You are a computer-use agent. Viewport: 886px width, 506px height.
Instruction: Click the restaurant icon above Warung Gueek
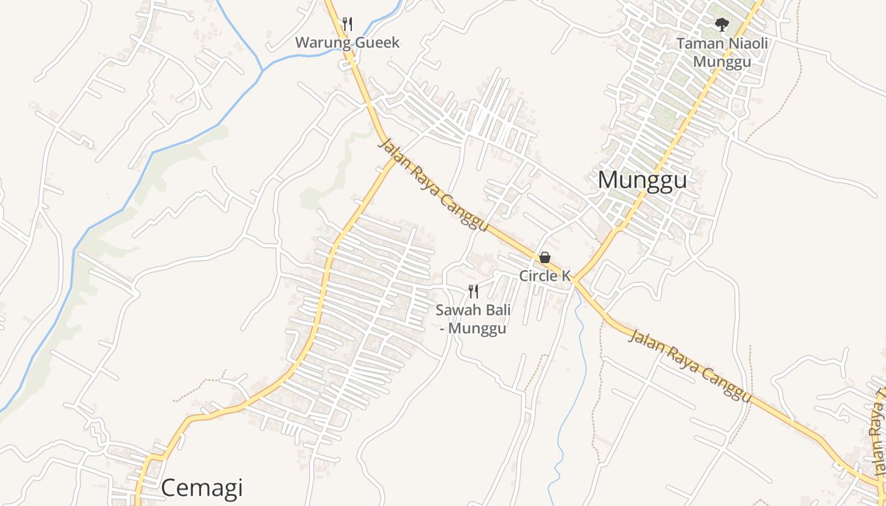click(347, 24)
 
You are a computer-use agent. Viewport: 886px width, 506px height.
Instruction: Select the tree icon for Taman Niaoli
click(721, 25)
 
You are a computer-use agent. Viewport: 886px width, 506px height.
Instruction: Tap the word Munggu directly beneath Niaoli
click(721, 61)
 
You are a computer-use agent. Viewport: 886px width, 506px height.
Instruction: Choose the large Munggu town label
click(642, 180)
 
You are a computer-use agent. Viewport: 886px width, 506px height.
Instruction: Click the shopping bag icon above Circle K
click(544, 257)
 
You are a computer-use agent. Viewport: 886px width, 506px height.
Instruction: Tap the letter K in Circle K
click(566, 276)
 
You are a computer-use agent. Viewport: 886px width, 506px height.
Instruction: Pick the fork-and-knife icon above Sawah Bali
click(473, 291)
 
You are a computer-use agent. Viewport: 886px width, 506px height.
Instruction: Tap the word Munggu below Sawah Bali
click(478, 329)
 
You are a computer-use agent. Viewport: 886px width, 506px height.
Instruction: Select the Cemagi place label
click(202, 488)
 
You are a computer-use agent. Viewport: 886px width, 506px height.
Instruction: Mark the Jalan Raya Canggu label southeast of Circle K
click(690, 365)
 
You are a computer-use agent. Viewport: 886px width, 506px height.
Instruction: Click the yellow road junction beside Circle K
click(575, 281)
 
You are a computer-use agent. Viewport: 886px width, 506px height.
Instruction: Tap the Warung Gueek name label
click(347, 43)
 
